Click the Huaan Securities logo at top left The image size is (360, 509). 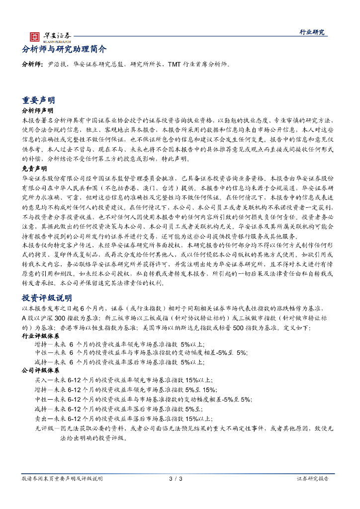click(50, 36)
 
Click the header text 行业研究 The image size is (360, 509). click(312, 32)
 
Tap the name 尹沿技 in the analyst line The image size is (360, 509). click(56, 65)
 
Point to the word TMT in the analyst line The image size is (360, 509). click(175, 65)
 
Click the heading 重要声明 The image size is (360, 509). click(39, 100)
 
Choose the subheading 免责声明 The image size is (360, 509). click(34, 169)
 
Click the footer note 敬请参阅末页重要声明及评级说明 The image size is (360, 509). click(62, 479)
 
